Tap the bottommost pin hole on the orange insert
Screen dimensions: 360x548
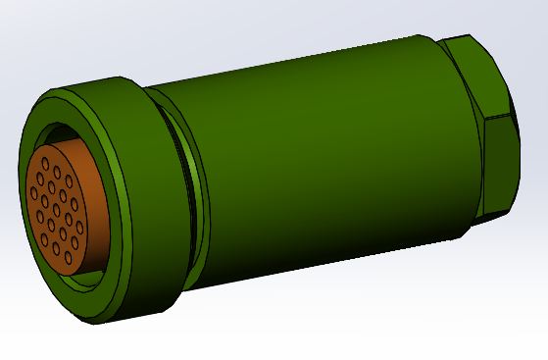68,258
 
